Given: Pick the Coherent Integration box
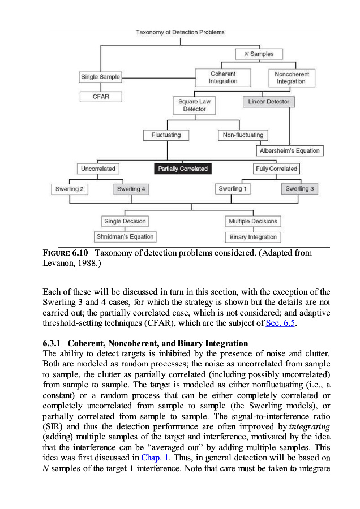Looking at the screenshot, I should pyautogui.click(x=223, y=77).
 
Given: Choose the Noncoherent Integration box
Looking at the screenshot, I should pyautogui.click(x=291, y=77).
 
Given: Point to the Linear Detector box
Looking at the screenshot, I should pyautogui.click(x=269, y=102).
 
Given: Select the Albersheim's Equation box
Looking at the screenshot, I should pyautogui.click(x=290, y=150).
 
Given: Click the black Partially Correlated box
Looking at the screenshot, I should pyautogui.click(x=183, y=169).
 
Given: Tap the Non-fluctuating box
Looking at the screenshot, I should pyautogui.click(x=243, y=135).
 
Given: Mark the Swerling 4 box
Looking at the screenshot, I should pyautogui.click(x=131, y=189).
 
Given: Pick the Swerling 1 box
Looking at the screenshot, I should pyautogui.click(x=231, y=189).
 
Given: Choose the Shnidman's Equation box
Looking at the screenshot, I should pyautogui.click(x=125, y=237).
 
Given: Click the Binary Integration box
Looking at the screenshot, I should pyautogui.click(x=253, y=237).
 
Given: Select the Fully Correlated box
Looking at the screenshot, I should pyautogui.click(x=277, y=169).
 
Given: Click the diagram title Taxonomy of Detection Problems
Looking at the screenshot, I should pyautogui.click(x=180, y=32).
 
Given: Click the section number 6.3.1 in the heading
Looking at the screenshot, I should pyautogui.click(x=53, y=343).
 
